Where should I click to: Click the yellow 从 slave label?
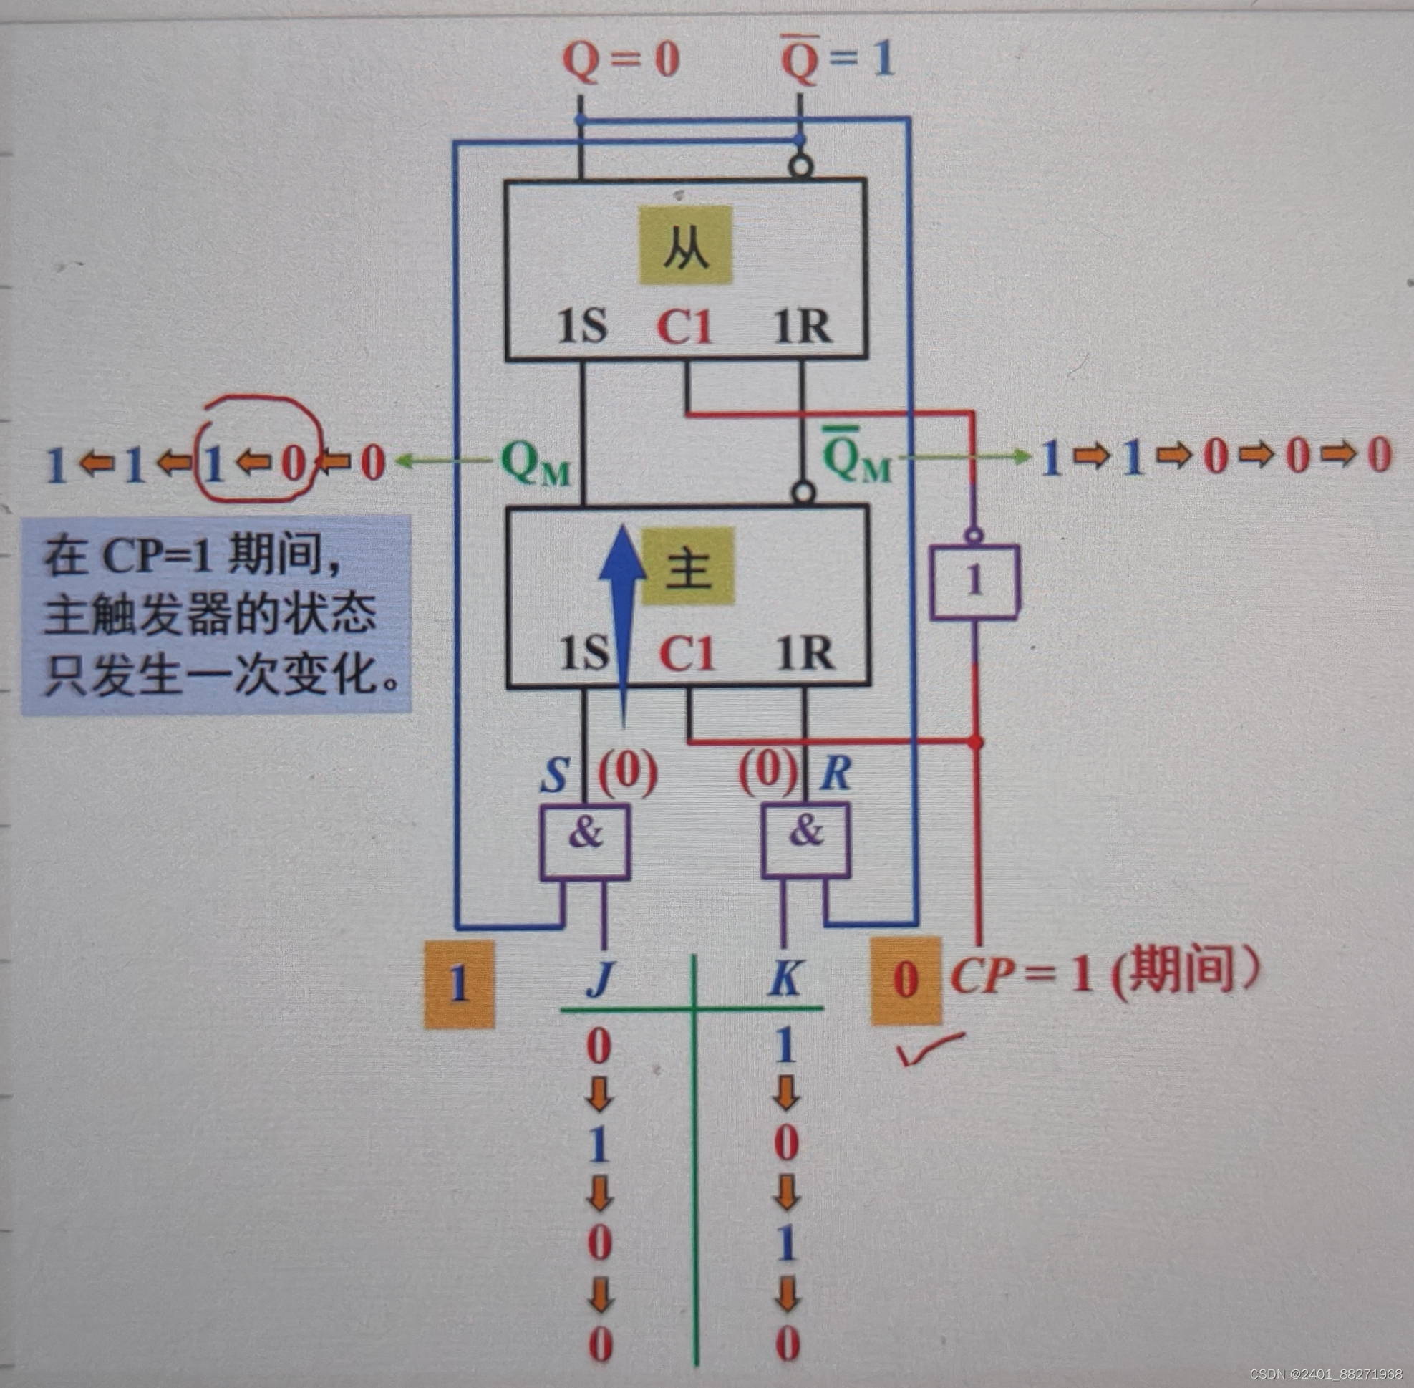tap(686, 245)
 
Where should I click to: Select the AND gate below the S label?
tap(584, 842)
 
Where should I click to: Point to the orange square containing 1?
tap(459, 983)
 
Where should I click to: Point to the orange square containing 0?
tap(905, 980)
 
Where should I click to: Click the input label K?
tap(785, 979)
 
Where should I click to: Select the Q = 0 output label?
tap(620, 60)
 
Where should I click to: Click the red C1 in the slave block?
tap(684, 327)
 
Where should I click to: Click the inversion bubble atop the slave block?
tap(800, 168)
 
